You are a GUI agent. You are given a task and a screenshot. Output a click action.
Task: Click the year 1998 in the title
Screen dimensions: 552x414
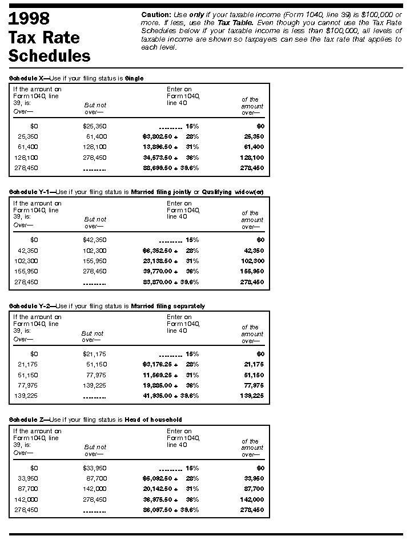pos(29,19)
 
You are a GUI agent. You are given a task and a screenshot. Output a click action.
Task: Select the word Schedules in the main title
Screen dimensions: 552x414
pos(49,55)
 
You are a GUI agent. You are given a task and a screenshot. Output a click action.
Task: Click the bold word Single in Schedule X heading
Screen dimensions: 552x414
pos(134,78)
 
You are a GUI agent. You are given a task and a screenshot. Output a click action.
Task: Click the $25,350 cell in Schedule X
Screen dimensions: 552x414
pos(95,126)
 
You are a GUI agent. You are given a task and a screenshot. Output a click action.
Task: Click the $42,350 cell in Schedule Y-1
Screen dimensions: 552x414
pos(95,240)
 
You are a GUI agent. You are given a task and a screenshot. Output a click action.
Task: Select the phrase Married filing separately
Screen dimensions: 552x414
pos(168,306)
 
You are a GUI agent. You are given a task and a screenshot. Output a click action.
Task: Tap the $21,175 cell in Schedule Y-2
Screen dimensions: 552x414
pos(94,354)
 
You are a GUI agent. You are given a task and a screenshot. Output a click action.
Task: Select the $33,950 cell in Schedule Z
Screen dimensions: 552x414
pos(95,468)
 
